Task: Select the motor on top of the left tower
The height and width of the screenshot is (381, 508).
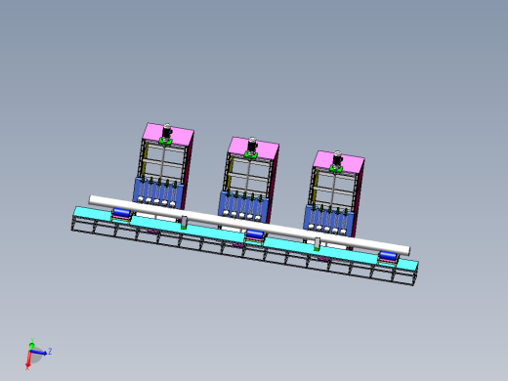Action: coord(167,132)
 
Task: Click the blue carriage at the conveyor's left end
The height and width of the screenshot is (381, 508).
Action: coord(122,213)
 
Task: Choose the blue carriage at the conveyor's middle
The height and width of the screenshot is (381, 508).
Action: coord(255,234)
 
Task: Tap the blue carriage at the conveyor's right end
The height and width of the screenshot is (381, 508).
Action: coord(388,256)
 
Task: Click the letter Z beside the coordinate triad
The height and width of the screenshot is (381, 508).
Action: coord(49,350)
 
